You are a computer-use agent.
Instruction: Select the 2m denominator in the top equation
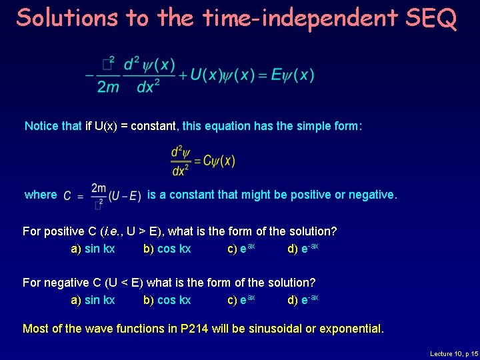coord(109,87)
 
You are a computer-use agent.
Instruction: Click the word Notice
coord(43,126)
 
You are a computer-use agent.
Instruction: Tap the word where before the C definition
coord(41,195)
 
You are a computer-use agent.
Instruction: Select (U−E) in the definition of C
coord(125,195)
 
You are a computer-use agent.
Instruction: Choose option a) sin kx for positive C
coord(93,249)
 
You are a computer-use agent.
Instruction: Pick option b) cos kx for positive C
coord(167,249)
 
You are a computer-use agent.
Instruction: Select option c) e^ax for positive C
coord(241,249)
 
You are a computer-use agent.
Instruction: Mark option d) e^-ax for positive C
coord(303,249)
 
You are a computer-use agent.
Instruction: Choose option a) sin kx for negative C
coord(93,300)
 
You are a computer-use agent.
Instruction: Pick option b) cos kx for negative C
coord(167,300)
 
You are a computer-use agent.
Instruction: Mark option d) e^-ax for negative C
coord(303,300)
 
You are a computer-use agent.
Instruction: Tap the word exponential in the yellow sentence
coord(349,329)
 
